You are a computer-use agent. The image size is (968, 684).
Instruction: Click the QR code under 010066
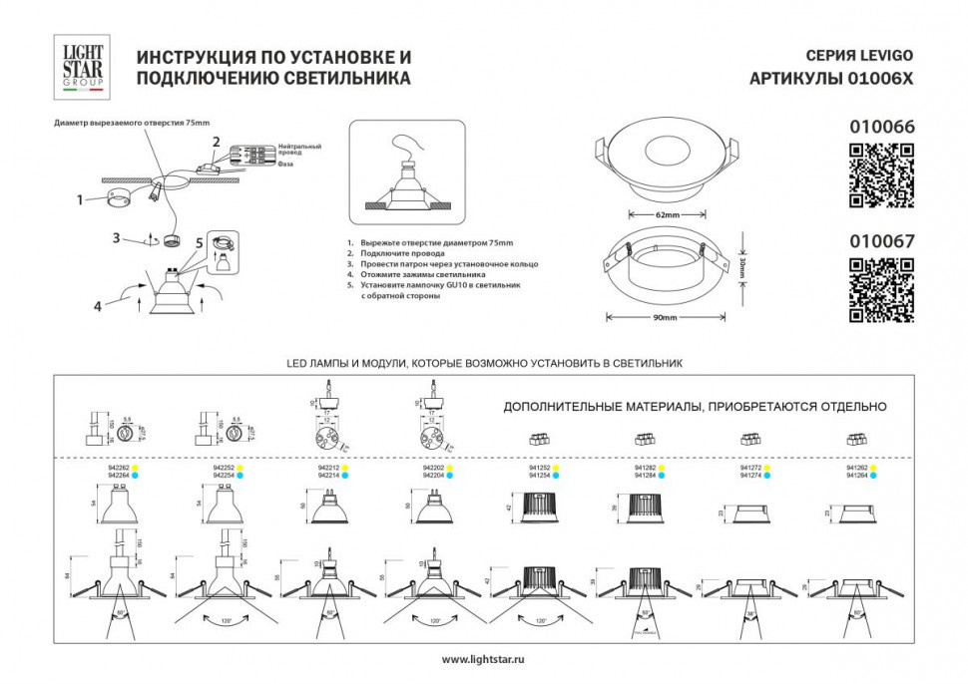[881, 175]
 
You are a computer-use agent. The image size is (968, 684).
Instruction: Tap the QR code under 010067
[881, 289]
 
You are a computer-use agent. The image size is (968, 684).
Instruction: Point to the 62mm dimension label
[666, 215]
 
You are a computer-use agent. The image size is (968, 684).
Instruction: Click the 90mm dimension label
[666, 318]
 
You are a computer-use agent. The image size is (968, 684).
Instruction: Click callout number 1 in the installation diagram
[79, 199]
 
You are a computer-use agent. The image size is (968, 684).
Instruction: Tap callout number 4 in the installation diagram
[98, 306]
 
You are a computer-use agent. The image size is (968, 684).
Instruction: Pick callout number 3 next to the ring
[117, 237]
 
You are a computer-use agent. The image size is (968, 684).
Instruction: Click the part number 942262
[118, 467]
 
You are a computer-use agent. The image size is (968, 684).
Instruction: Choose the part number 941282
[646, 467]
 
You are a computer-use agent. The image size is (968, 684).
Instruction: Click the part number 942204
[433, 476]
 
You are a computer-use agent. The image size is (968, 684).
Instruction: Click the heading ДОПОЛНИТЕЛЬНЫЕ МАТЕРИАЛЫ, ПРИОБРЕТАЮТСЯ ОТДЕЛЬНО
[695, 407]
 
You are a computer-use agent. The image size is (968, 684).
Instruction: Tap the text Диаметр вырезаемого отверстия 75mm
[132, 122]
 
